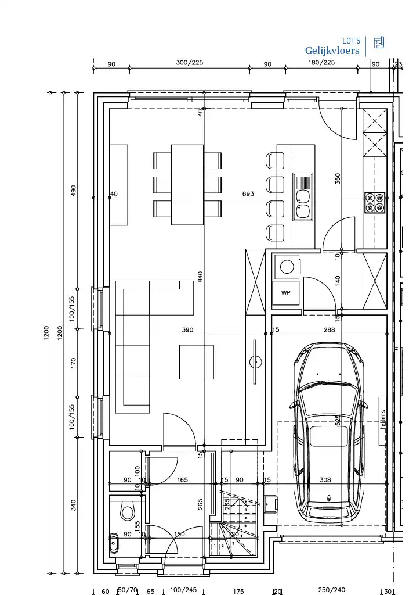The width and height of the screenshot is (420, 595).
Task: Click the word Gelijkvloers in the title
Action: (x=332, y=51)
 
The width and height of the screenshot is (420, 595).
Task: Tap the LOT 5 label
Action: (x=351, y=41)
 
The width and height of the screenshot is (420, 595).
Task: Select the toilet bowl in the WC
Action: (x=126, y=512)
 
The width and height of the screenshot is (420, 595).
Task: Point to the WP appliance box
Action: (x=286, y=293)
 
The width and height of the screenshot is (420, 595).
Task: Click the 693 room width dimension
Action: (x=248, y=194)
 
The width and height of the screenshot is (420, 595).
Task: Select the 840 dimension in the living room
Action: (x=200, y=277)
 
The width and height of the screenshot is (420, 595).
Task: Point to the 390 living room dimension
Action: (x=187, y=330)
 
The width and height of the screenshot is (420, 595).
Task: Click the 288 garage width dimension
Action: (x=330, y=330)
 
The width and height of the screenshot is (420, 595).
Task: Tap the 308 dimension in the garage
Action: (x=325, y=480)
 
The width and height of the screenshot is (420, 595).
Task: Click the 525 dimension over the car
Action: (x=338, y=420)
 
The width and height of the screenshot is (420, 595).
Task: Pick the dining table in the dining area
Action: (x=187, y=184)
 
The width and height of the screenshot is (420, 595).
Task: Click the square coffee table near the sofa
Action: (x=196, y=362)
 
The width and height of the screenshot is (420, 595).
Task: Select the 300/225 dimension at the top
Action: (x=190, y=63)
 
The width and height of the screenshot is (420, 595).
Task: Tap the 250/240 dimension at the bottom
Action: (x=332, y=590)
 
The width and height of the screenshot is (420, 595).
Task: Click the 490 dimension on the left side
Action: (x=74, y=191)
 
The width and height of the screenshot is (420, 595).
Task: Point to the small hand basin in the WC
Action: (x=113, y=544)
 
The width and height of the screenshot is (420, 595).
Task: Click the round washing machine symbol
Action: (x=287, y=267)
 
